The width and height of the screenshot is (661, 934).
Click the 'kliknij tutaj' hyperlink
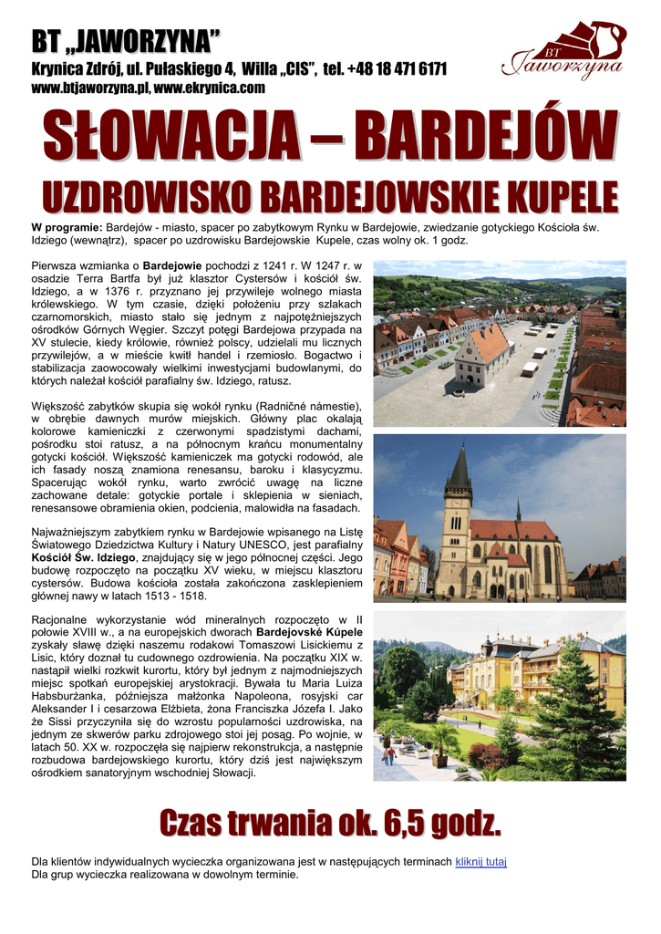coord(480,861)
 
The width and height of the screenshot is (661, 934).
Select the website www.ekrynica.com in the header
coord(210,88)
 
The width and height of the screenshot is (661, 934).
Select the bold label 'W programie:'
coord(67,227)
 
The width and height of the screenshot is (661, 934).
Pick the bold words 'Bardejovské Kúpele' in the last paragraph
coord(309,631)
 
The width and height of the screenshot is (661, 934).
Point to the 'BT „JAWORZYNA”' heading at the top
coord(126,41)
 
